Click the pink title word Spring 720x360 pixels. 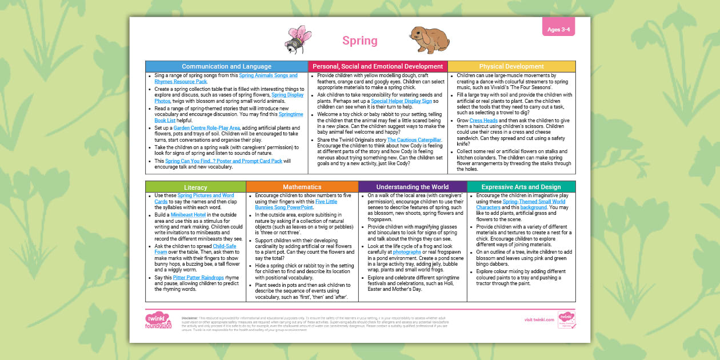click(360, 41)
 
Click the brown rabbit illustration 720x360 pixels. click(429, 40)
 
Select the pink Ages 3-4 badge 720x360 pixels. click(558, 30)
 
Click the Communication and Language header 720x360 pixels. click(227, 66)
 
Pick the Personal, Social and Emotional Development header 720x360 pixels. click(378, 66)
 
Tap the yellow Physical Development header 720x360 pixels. click(511, 66)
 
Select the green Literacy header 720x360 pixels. click(195, 187)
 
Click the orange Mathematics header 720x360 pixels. click(302, 187)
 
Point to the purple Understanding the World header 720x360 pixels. click(412, 187)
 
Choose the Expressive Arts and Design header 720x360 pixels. click(521, 187)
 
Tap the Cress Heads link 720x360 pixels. click(483, 121)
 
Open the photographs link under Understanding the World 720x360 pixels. click(407, 251)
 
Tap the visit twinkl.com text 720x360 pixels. click(539, 319)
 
